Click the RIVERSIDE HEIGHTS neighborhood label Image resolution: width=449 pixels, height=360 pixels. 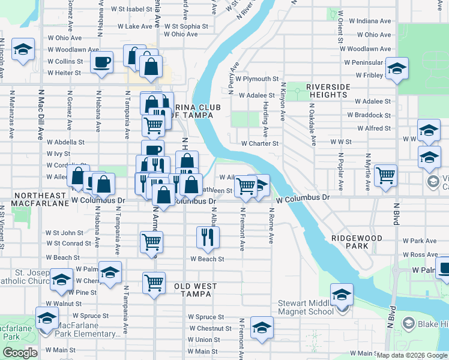click(328, 91)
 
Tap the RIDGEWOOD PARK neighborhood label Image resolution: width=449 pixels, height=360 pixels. click(357, 242)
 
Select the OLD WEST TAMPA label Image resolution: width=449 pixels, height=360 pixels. click(193, 290)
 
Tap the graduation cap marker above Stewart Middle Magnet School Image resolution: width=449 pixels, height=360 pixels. click(342, 295)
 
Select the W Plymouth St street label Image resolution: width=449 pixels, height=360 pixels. click(258, 79)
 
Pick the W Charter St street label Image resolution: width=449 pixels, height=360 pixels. click(260, 143)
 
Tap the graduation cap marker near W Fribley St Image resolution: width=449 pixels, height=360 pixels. click(397, 68)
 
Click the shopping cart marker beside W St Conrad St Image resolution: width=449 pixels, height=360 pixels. click(151, 242)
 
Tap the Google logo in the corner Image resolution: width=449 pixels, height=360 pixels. click(20, 353)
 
